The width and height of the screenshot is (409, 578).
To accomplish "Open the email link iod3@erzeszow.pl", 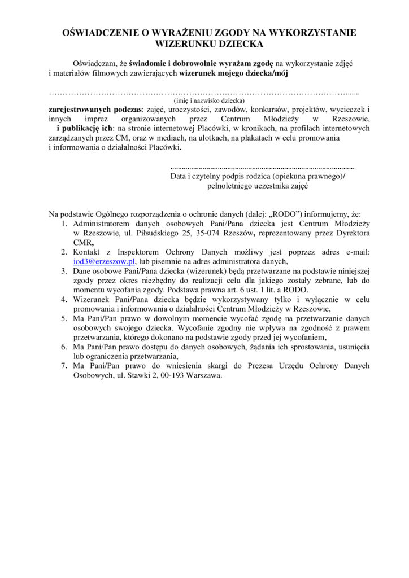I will pos(104,261).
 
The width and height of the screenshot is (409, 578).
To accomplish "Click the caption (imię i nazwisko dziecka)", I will pos(206,100).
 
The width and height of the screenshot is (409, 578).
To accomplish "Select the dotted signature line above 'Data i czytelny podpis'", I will pos(262,168).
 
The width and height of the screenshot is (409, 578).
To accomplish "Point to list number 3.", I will pos(64,271).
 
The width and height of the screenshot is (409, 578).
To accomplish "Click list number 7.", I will pos(64,366).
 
